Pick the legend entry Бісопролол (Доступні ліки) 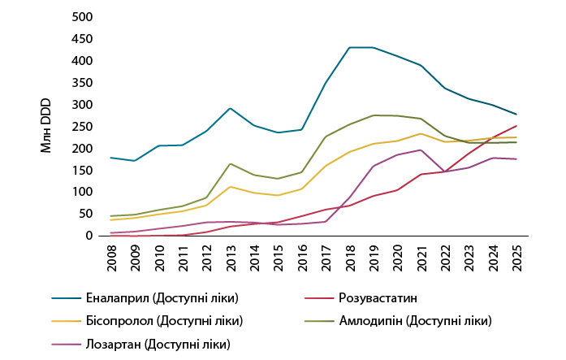[x=162, y=321]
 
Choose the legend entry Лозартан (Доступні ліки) [x=158, y=344]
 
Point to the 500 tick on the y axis [x=83, y=17]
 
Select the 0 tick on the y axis [x=89, y=236]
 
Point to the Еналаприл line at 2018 [x=349, y=47]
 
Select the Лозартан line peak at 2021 [x=421, y=150]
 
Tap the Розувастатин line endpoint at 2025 [x=516, y=125]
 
